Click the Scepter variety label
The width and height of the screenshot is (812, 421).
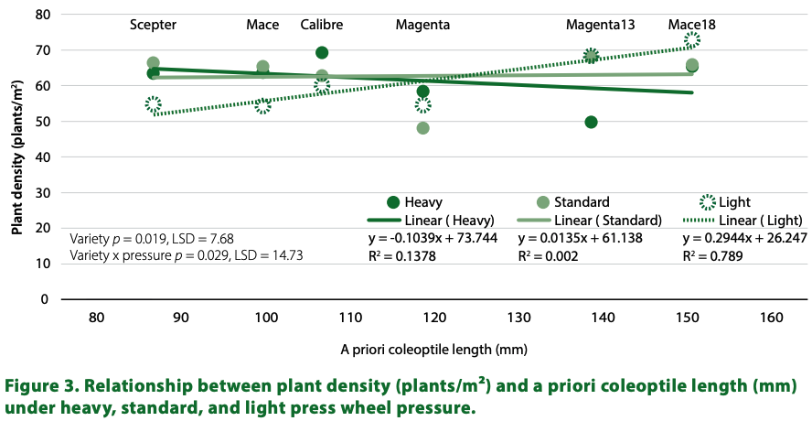click(153, 25)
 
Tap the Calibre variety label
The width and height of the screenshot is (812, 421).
click(322, 25)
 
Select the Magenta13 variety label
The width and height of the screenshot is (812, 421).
click(600, 25)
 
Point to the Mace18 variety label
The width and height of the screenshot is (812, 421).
click(691, 25)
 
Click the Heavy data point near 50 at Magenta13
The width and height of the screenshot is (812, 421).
click(591, 122)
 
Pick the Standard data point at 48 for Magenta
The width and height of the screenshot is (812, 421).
click(422, 128)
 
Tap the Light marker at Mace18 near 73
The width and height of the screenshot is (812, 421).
click(692, 39)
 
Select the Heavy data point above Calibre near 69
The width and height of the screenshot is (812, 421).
click(322, 53)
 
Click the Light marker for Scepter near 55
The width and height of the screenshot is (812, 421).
click(153, 104)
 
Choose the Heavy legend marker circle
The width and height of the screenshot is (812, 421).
click(394, 202)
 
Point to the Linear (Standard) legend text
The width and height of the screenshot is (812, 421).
click(612, 220)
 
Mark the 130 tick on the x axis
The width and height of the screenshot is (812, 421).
click(518, 318)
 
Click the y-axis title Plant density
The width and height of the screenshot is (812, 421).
click(17, 156)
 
